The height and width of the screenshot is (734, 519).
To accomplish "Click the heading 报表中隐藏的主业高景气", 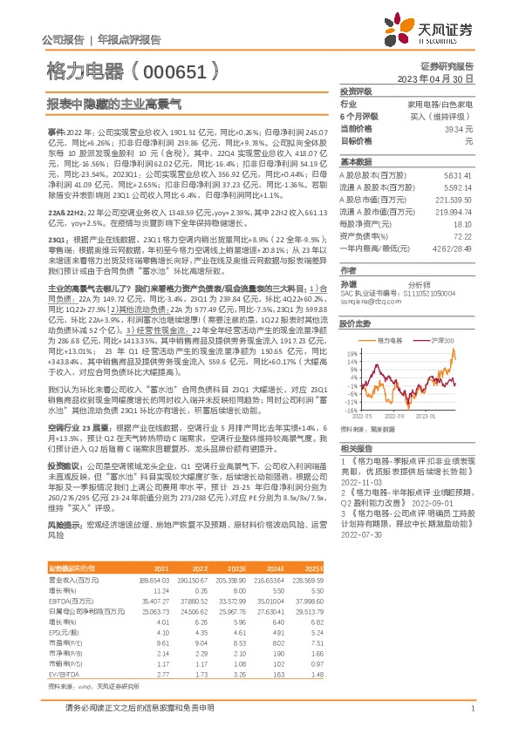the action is [x=113, y=103].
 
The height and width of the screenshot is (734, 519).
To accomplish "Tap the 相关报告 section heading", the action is [x=358, y=445].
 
